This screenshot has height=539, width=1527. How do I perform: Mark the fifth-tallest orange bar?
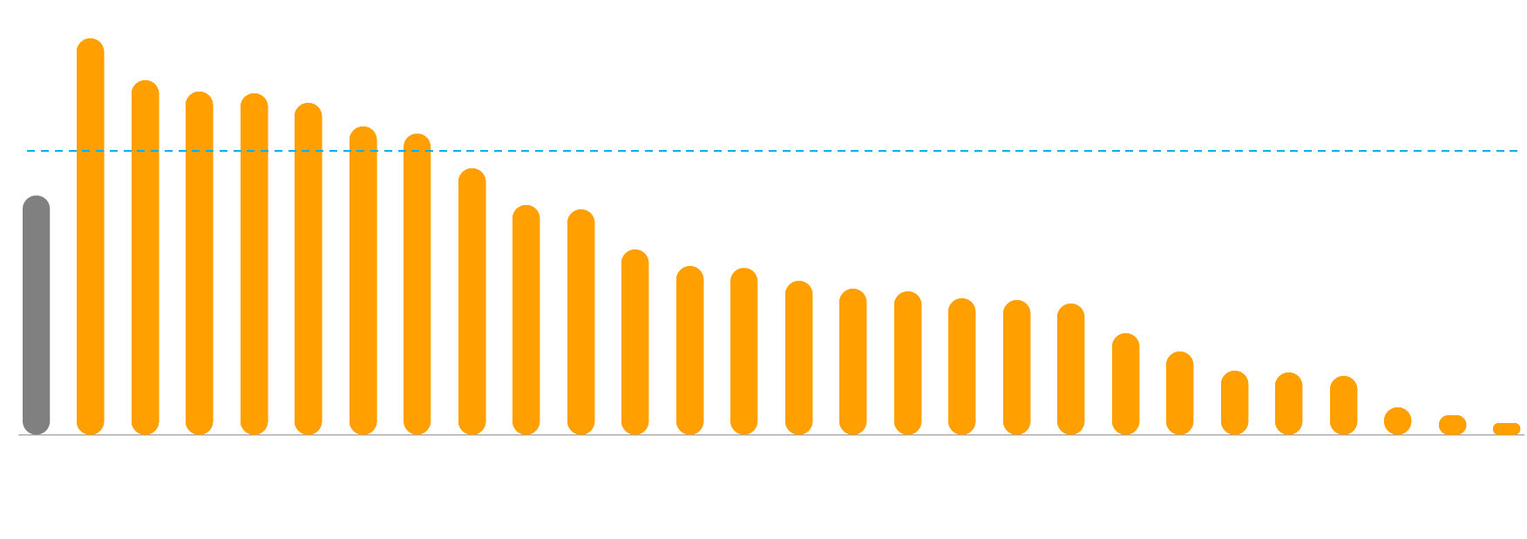[x=309, y=269]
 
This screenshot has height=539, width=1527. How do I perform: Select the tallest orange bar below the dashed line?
[x=472, y=302]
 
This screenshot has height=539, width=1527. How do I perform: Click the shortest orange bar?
[x=1507, y=429]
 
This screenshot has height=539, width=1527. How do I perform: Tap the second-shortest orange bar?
[x=1453, y=426]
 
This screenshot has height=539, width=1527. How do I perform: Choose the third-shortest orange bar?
[x=1398, y=421]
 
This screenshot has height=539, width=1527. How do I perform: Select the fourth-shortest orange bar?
[x=1344, y=406]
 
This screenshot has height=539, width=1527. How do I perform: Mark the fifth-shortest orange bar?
[x=1289, y=404]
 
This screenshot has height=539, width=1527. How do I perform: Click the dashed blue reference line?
[x=784, y=151]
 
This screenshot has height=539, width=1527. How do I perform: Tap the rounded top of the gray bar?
[x=37, y=202]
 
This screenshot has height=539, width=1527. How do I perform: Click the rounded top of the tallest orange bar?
[x=91, y=45]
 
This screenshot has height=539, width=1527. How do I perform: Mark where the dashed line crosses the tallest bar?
[x=91, y=151]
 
